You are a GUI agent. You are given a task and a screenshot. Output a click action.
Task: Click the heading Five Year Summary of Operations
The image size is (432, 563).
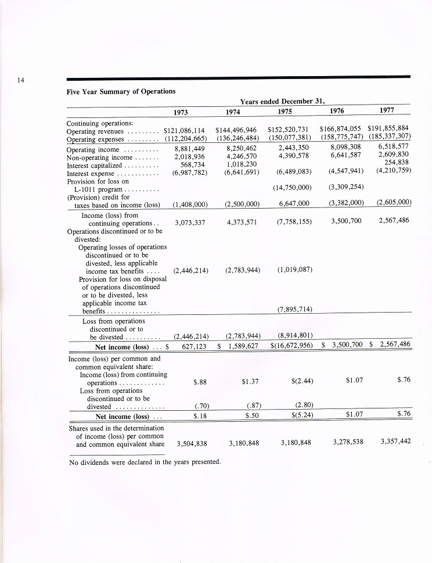(121, 91)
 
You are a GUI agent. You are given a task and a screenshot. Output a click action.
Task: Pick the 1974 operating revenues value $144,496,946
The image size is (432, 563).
(236, 131)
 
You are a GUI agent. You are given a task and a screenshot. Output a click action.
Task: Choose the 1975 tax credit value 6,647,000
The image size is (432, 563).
(294, 203)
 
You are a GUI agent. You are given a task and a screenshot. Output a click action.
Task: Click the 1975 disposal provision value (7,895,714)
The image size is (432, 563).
(295, 309)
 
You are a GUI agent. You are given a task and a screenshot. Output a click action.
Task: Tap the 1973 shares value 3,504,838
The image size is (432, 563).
(191, 443)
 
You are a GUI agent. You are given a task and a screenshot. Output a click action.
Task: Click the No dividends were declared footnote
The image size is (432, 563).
(145, 462)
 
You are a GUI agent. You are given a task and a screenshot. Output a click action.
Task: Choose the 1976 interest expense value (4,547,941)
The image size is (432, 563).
(346, 171)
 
